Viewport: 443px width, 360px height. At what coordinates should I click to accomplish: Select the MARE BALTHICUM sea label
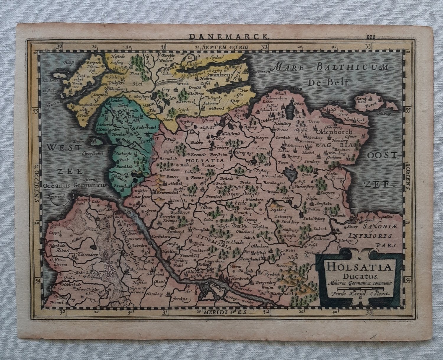(x=331, y=67)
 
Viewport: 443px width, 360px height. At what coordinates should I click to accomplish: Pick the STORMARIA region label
(x=209, y=237)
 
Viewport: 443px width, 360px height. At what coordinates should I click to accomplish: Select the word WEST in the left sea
(x=61, y=147)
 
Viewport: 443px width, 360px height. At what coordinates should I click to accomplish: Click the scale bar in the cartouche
(x=359, y=289)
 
